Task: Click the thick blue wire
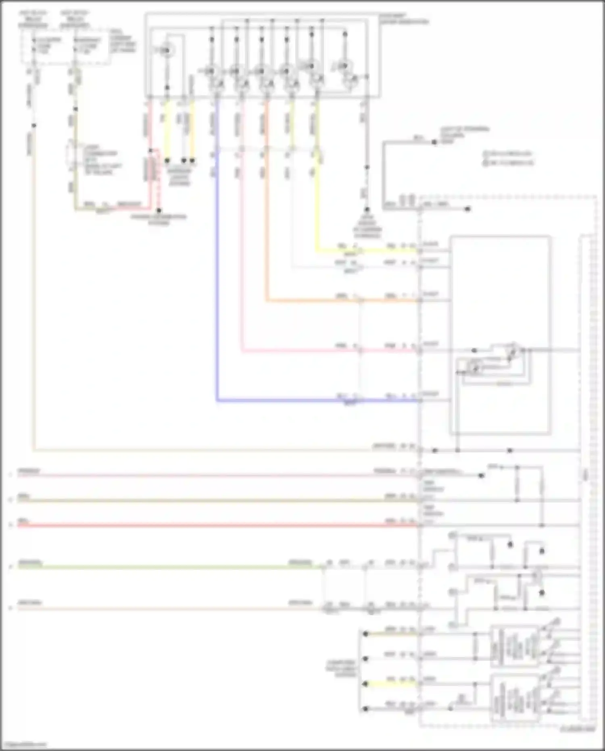click(x=217, y=282)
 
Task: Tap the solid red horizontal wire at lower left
click(x=202, y=526)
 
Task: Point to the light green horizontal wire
click(x=161, y=567)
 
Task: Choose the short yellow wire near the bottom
click(x=391, y=684)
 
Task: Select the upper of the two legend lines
click(x=508, y=154)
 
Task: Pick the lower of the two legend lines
click(x=508, y=163)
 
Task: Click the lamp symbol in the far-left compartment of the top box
click(x=166, y=50)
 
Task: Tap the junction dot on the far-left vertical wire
click(x=34, y=126)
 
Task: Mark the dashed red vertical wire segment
click(x=159, y=182)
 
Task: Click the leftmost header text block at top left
click(x=32, y=19)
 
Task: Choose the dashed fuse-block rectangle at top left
click(x=65, y=46)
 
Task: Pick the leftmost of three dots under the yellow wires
click(x=167, y=161)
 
